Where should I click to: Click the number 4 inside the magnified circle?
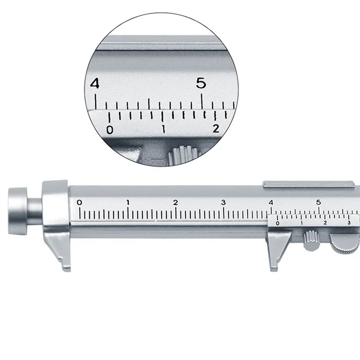[x=94, y=84]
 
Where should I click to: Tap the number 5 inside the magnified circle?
[x=201, y=83]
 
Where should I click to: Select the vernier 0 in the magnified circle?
[x=109, y=130]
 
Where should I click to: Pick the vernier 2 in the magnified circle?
[x=216, y=129]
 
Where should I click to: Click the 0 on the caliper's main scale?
[x=80, y=202]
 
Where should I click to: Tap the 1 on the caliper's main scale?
[x=128, y=202]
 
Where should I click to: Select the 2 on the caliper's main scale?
[x=175, y=202]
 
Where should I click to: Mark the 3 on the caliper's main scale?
[x=224, y=202]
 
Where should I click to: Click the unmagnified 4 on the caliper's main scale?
[x=271, y=202]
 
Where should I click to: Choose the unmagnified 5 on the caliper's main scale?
[x=319, y=202]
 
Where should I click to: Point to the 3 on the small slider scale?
[x=349, y=223]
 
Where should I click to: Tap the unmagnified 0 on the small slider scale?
[x=277, y=223]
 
